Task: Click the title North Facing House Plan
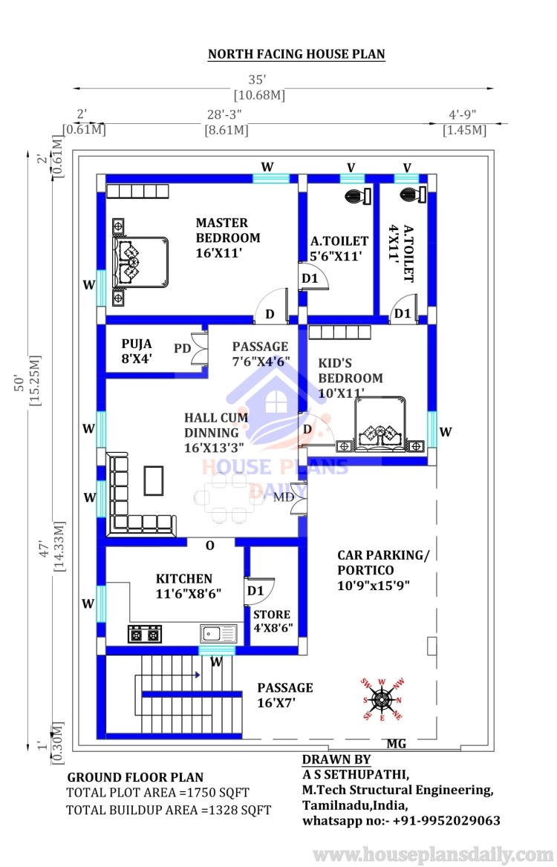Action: (x=296, y=54)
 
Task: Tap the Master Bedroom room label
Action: (x=228, y=238)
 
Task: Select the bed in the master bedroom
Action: (x=140, y=262)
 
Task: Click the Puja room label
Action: (x=137, y=351)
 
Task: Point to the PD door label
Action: (x=182, y=348)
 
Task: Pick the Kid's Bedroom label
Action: (x=350, y=379)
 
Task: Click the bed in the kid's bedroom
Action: (x=380, y=424)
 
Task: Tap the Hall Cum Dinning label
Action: (x=215, y=433)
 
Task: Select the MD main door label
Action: (x=284, y=497)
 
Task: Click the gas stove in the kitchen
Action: (x=145, y=634)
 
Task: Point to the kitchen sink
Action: (x=218, y=634)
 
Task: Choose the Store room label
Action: (x=273, y=621)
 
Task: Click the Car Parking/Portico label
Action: (x=382, y=570)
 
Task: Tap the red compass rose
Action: (x=382, y=699)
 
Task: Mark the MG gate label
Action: (x=396, y=744)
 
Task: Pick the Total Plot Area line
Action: (x=157, y=792)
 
